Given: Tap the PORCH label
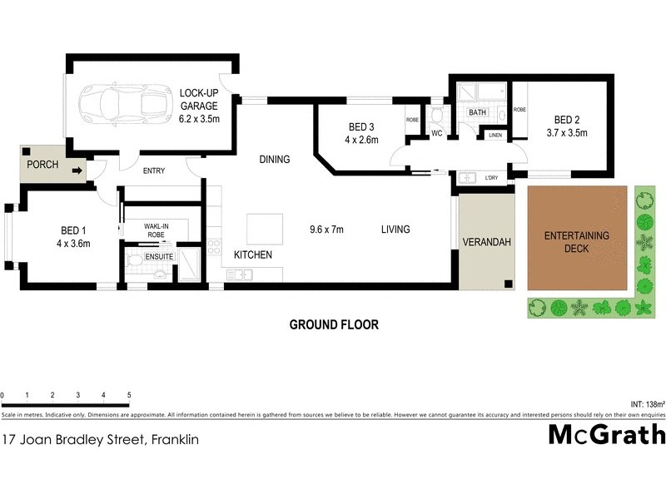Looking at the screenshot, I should click(42, 165).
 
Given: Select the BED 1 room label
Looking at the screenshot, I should click(72, 230).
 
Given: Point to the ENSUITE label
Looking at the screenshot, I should click(159, 257).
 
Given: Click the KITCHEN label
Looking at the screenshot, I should click(252, 254).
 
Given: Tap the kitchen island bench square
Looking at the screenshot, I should click(263, 228).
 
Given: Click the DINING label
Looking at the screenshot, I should click(274, 160).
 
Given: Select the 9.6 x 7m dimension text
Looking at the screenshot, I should click(327, 230).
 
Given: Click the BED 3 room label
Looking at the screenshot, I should click(362, 126).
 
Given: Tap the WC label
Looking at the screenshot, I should click(435, 133).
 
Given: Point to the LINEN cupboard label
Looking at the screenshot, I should click(495, 135).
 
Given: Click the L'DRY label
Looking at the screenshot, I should click(490, 178).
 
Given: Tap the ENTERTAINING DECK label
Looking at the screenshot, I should click(577, 241).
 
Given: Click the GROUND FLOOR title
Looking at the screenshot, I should click(333, 325).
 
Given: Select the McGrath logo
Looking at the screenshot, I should click(607, 435).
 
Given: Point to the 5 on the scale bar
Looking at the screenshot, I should click(129, 394).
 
